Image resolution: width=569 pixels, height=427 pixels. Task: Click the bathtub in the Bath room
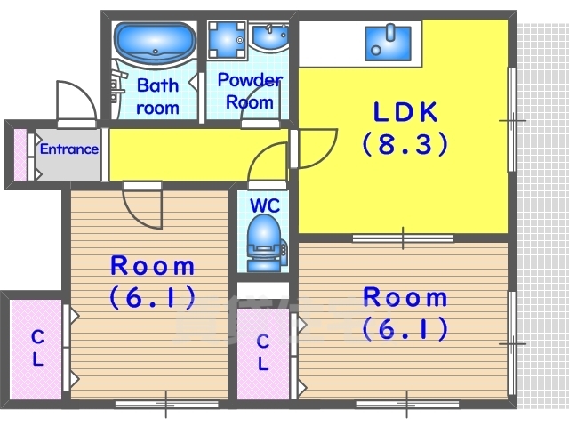[155, 44]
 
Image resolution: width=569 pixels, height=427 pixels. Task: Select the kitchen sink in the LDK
[388, 43]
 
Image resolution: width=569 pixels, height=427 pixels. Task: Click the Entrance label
[69, 149]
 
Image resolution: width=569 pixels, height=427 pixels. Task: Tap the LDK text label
[405, 112]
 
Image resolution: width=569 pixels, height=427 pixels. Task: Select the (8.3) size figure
[405, 144]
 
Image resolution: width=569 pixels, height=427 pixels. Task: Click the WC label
[265, 205]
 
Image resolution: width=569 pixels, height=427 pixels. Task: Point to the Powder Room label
[250, 91]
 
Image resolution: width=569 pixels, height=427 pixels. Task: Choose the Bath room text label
[158, 97]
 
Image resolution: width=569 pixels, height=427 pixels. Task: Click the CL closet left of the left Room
[36, 350]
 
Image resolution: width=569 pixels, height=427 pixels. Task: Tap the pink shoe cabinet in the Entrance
[20, 154]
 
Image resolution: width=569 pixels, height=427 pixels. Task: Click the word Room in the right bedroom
[405, 297]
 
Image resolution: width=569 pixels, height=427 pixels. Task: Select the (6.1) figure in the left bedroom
[152, 296]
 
